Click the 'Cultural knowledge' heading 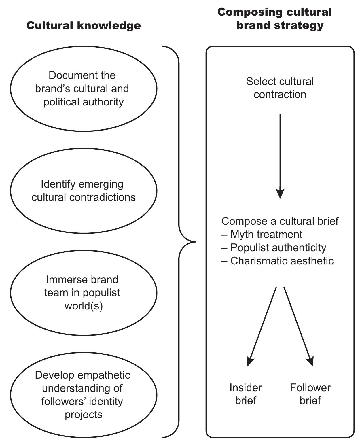coord(84,25)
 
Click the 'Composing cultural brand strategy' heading coord(275,18)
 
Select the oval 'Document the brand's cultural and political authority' coord(84,88)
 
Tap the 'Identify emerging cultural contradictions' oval coord(84,190)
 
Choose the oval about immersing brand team coord(84,293)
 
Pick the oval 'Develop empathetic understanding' coord(84,395)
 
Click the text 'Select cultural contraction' coord(280,88)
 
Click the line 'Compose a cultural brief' coord(280,221)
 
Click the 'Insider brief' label coord(246,394)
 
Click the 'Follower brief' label coord(310,394)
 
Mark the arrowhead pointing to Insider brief coord(250,362)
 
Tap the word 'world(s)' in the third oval coord(84,306)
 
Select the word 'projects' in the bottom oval coord(84,415)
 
